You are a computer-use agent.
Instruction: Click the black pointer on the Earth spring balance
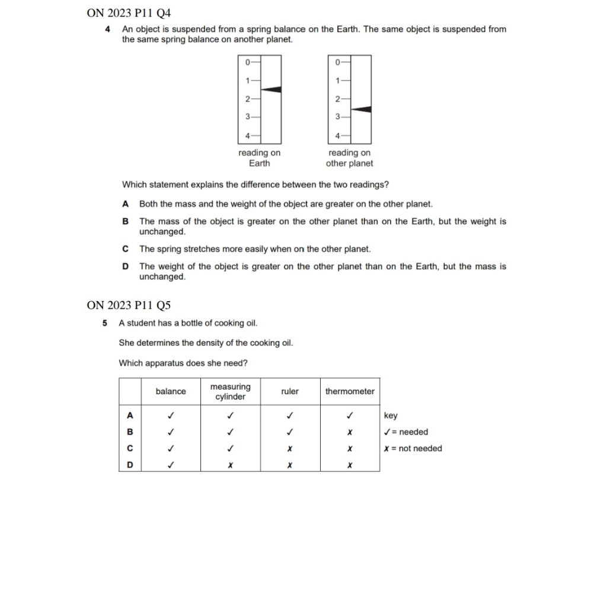(272, 90)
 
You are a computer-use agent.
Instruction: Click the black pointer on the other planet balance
(362, 109)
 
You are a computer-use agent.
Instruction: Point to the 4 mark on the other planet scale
(338, 136)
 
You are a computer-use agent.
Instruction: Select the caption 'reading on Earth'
(260, 158)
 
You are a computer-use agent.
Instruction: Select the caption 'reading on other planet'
(349, 158)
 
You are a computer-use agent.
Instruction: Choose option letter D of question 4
(125, 267)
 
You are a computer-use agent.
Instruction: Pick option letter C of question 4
(125, 249)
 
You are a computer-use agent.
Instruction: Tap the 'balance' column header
(171, 391)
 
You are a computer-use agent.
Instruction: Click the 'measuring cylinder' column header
(231, 391)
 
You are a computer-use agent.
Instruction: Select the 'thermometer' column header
(350, 391)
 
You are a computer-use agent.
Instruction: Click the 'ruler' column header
(290, 391)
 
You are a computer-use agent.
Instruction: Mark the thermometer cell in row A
(350, 416)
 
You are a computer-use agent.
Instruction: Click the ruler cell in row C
(290, 449)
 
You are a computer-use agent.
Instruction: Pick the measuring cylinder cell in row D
(231, 465)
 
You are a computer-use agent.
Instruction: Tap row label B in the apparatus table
(130, 432)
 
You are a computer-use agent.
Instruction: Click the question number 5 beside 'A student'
(105, 323)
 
